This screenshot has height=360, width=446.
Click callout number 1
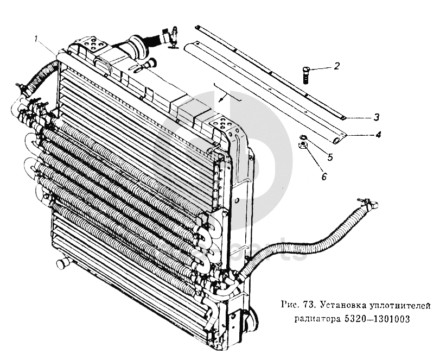tap(36, 39)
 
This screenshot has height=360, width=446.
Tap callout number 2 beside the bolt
tap(336, 66)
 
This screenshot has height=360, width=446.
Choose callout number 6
tap(324, 176)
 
